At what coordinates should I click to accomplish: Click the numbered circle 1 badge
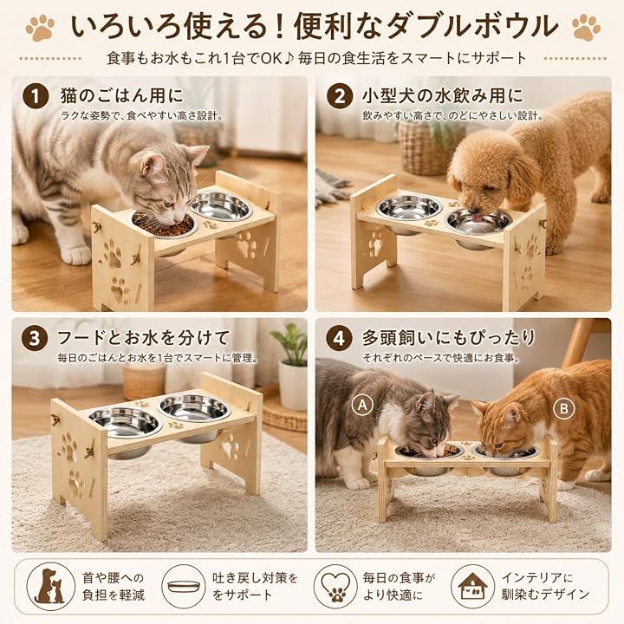click(36, 97)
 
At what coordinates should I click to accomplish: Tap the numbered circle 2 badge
click(340, 97)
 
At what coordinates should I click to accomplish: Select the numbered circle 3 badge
click(35, 338)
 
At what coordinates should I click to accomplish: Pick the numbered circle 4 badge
click(339, 338)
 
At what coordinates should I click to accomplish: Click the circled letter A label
click(362, 405)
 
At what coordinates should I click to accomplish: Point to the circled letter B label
click(564, 408)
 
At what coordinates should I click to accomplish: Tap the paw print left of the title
click(40, 28)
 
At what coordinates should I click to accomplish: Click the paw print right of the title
click(586, 27)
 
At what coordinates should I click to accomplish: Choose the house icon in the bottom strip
click(473, 586)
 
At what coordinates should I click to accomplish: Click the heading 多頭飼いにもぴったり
click(449, 338)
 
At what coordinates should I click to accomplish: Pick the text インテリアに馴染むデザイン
click(545, 586)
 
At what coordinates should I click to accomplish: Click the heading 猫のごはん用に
click(122, 96)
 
